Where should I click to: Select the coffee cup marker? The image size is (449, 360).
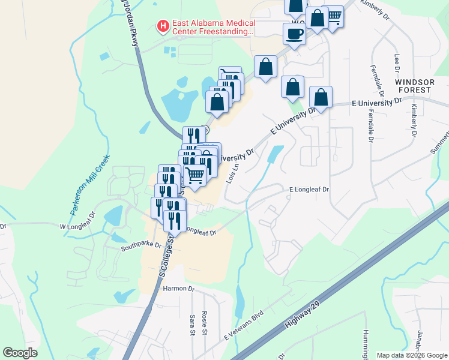tap(294, 34)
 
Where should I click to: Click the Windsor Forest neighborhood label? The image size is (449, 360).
tap(414, 86)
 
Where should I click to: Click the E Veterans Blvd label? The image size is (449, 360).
tap(244, 325)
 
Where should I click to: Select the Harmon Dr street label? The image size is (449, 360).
tap(179, 289)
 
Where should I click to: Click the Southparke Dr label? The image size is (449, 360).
tap(141, 245)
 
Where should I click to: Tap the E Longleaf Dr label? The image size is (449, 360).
tap(309, 190)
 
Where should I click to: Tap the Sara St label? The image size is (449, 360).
tap(193, 324)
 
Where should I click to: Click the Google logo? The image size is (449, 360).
tap(20, 353)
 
